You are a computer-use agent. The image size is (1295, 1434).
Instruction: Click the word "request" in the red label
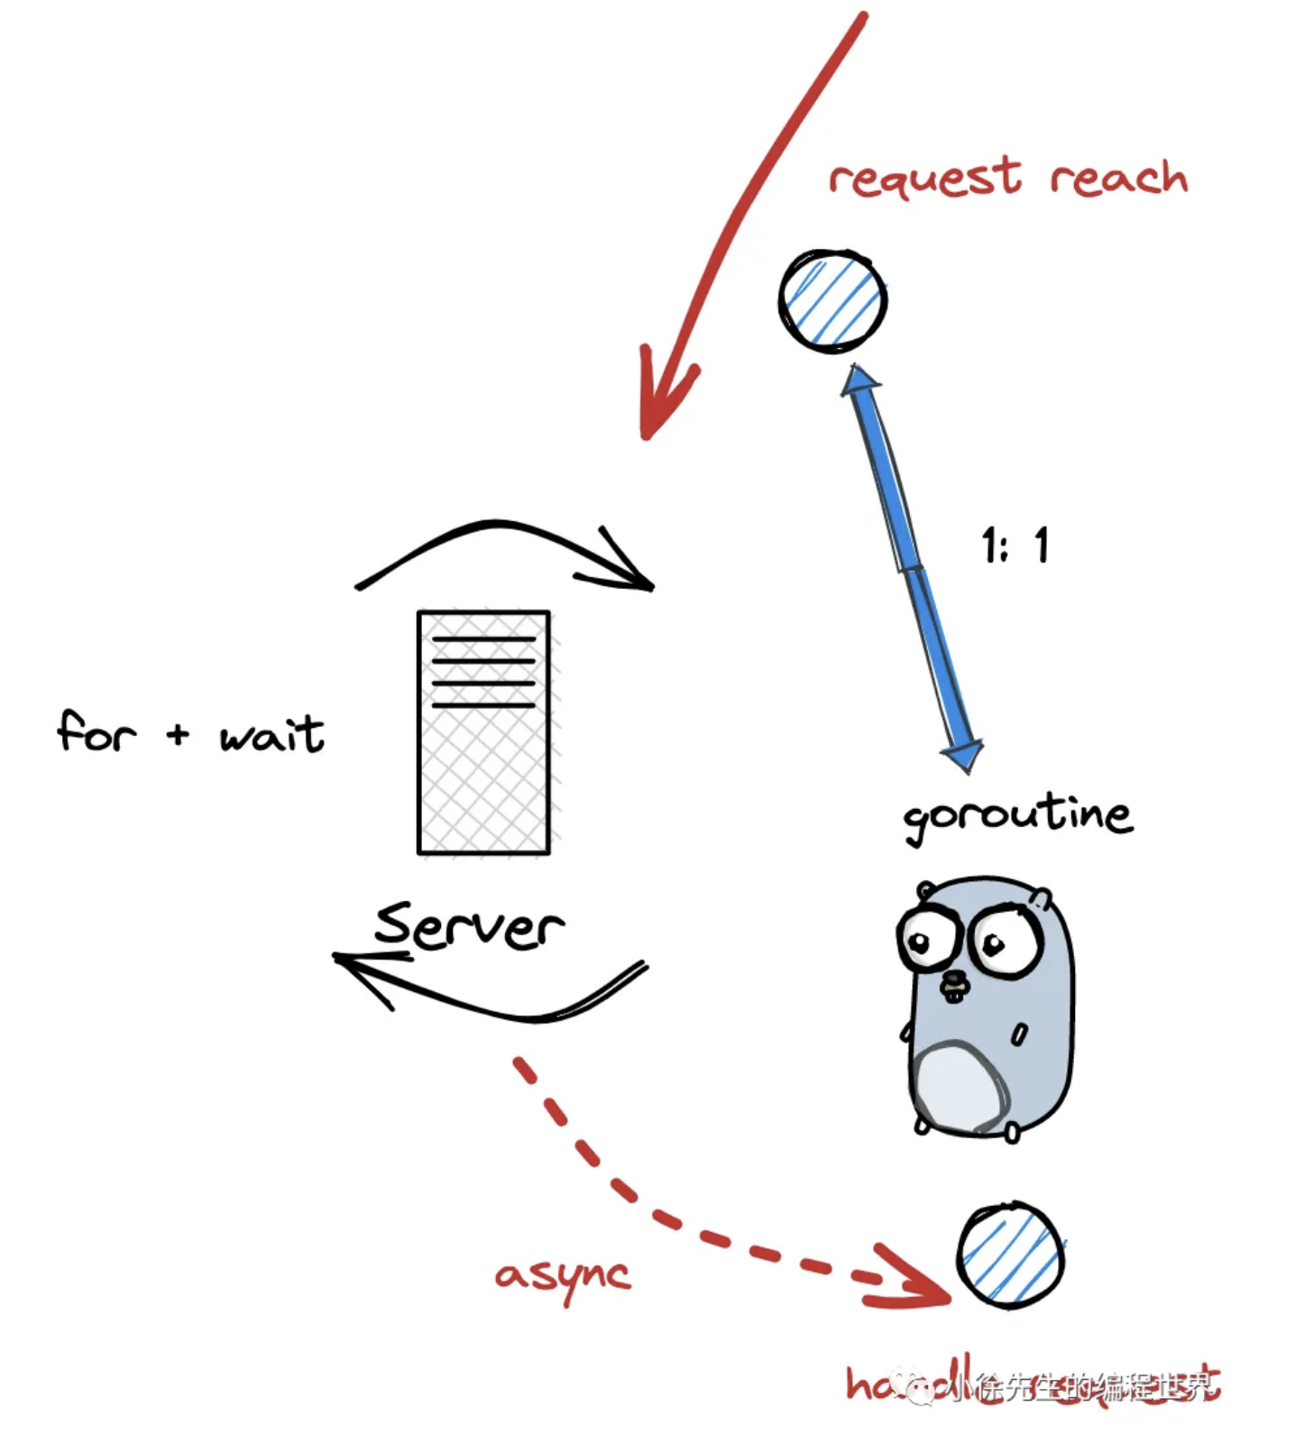tap(925, 178)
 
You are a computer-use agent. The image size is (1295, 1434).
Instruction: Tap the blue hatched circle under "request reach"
tap(832, 301)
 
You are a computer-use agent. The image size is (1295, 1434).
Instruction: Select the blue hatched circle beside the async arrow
tap(1010, 1255)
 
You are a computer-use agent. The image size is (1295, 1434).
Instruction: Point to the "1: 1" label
tap(1015, 546)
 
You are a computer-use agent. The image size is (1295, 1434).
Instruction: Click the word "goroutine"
tap(1017, 817)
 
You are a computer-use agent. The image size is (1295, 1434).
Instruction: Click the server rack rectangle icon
tap(483, 732)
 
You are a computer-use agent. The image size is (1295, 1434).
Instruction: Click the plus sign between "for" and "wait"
tap(178, 734)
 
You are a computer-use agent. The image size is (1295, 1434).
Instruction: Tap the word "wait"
tap(271, 734)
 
